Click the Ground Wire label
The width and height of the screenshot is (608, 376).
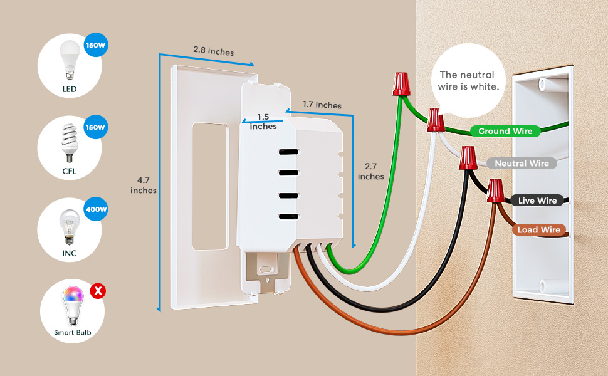(505, 131)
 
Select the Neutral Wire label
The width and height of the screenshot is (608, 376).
(522, 164)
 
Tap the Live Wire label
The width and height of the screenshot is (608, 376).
(537, 201)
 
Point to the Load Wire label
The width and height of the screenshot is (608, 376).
(538, 230)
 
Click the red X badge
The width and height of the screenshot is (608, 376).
(97, 291)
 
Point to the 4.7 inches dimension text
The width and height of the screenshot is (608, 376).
(144, 185)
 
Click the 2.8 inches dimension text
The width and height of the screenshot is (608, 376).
(213, 51)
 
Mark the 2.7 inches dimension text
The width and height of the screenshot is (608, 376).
(371, 171)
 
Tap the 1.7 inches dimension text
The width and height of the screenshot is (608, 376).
(322, 105)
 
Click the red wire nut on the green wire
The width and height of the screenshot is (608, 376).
(401, 84)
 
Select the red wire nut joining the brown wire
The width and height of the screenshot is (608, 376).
(496, 191)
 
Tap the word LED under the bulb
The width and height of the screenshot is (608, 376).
(69, 90)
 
